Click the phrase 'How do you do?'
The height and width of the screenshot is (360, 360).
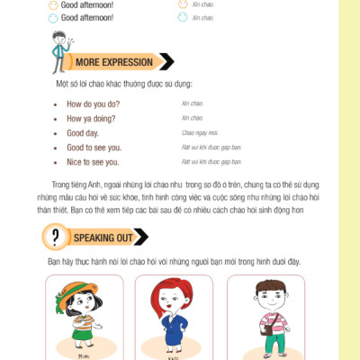(93, 103)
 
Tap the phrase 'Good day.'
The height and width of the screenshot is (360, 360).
(84, 132)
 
